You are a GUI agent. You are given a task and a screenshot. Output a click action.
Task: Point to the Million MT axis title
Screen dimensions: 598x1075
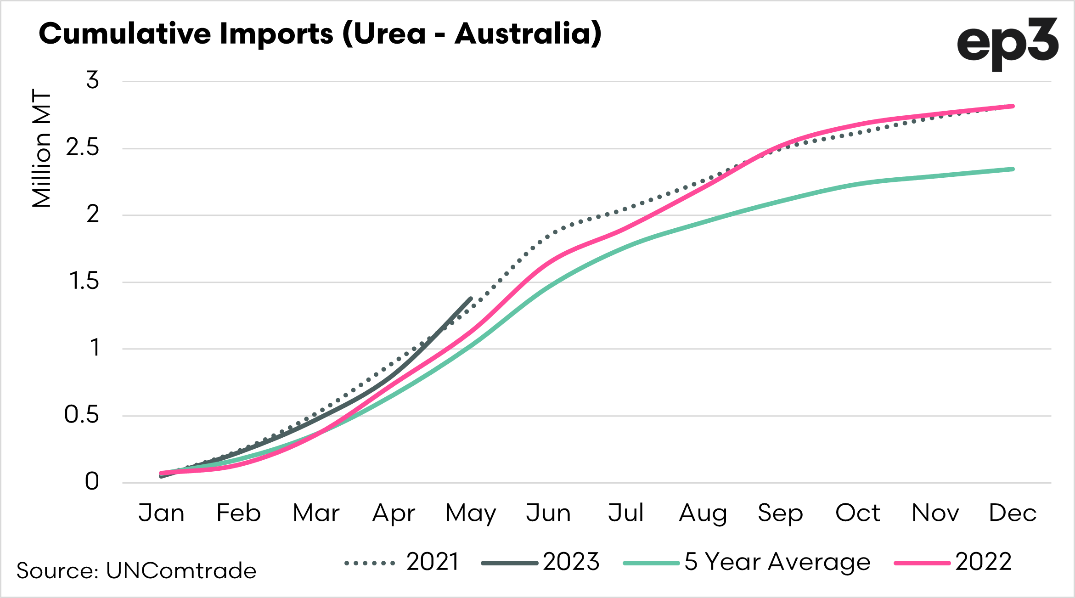41,148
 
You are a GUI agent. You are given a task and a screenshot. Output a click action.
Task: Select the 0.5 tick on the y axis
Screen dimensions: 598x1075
82,415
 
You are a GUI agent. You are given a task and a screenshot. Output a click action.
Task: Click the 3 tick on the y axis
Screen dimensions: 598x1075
93,80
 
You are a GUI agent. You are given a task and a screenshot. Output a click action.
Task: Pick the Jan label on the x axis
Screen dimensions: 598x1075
162,513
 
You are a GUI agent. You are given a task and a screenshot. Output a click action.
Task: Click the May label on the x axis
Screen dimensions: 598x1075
471,513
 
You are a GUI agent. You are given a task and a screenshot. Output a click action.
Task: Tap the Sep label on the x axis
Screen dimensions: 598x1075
780,513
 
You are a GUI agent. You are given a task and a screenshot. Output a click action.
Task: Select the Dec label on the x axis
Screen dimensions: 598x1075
1013,513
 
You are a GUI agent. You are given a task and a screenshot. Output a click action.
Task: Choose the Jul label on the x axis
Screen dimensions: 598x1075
625,513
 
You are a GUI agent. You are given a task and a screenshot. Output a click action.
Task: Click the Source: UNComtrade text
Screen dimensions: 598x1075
136,571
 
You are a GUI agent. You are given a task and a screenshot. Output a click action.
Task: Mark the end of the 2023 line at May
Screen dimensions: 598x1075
471,299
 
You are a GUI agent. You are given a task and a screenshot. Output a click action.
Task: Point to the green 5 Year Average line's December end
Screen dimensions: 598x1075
1013,169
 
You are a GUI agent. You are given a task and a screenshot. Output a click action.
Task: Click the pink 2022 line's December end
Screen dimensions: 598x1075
1013,106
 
